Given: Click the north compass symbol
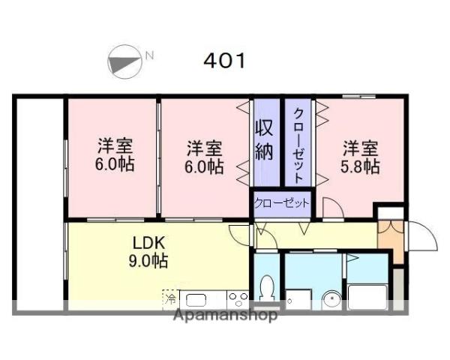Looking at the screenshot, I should click(x=125, y=61).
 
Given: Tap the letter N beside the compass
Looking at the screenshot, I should click(x=149, y=55).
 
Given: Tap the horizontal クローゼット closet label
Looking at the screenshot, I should click(x=281, y=203).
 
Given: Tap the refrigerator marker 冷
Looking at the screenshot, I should click(x=170, y=298).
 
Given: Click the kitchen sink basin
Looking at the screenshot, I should click(x=196, y=300).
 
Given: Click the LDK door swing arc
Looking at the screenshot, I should click(x=239, y=235).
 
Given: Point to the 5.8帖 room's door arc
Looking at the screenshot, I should click(x=333, y=207).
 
